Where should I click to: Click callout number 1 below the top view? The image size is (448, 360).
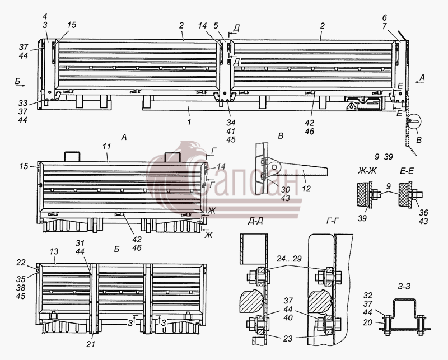click(189, 122)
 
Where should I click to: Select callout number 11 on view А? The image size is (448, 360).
click(106, 147)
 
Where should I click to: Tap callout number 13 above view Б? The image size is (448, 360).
click(54, 251)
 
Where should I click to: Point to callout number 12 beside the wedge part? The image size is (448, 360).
click(306, 189)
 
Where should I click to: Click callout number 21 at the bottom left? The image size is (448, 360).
click(91, 344)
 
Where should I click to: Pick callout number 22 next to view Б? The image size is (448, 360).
click(21, 262)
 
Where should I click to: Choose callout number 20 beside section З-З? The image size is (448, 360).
click(368, 322)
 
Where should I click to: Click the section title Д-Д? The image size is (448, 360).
click(255, 221)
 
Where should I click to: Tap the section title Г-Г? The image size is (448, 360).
click(334, 221)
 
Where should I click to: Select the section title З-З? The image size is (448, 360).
click(404, 286)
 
